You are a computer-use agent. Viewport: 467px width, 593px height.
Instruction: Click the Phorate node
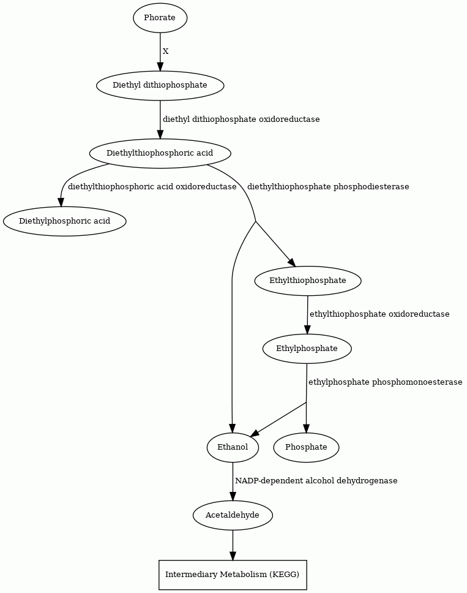click(160, 18)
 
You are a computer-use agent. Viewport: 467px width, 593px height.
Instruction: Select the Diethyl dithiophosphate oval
click(160, 86)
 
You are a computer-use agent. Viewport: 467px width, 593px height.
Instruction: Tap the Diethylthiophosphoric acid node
click(160, 153)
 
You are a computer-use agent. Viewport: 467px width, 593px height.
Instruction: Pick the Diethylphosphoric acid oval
click(65, 221)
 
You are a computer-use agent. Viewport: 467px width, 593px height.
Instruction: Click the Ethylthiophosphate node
click(308, 281)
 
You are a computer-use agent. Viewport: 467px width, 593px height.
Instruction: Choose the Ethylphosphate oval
click(307, 349)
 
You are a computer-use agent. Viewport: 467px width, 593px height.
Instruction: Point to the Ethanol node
click(233, 447)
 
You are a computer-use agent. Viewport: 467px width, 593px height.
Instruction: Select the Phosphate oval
click(306, 447)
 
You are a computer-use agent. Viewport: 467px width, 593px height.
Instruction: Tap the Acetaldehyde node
click(233, 515)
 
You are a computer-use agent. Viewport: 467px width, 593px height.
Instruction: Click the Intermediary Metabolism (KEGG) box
click(233, 575)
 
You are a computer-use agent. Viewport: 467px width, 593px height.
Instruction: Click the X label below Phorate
click(165, 51)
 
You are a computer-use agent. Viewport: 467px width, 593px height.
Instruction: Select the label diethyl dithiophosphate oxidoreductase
click(241, 119)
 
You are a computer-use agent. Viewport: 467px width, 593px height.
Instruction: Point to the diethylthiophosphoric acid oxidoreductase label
click(152, 187)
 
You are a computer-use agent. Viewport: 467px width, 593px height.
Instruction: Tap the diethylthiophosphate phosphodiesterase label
click(328, 187)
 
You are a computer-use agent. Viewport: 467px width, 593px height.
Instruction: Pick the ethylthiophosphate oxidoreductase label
click(379, 314)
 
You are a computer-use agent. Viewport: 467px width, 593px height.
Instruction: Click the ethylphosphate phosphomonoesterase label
click(386, 382)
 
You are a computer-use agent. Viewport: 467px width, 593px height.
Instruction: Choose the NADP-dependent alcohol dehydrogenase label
click(316, 481)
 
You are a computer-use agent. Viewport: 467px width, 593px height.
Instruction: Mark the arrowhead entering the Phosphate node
click(306, 428)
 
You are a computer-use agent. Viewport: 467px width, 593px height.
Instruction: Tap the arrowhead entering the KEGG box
click(233, 555)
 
